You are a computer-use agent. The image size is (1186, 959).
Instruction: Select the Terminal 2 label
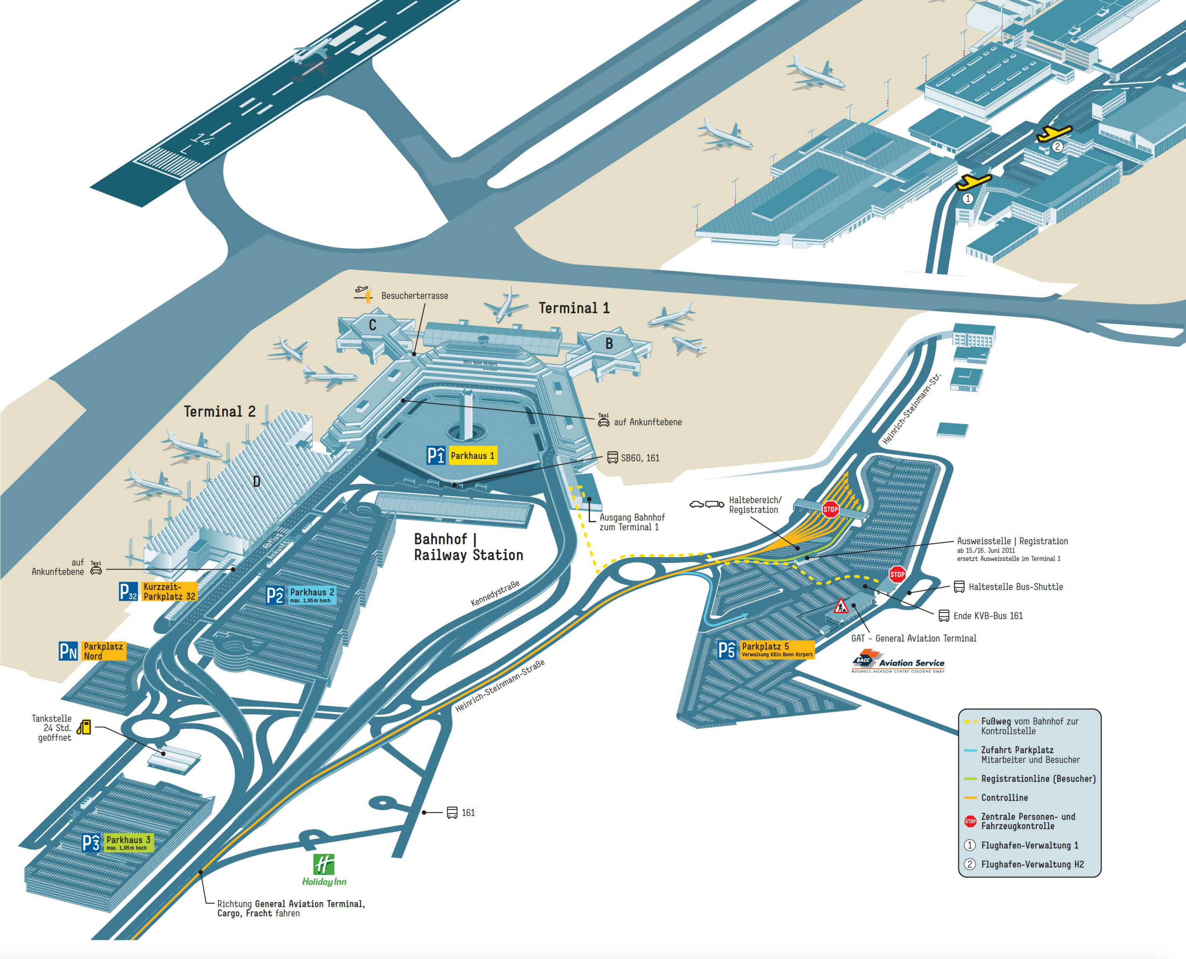pyautogui.click(x=219, y=412)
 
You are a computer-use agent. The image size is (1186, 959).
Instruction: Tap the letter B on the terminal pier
pyautogui.click(x=609, y=343)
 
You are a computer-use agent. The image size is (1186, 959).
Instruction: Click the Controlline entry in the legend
pyautogui.click(x=1004, y=798)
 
